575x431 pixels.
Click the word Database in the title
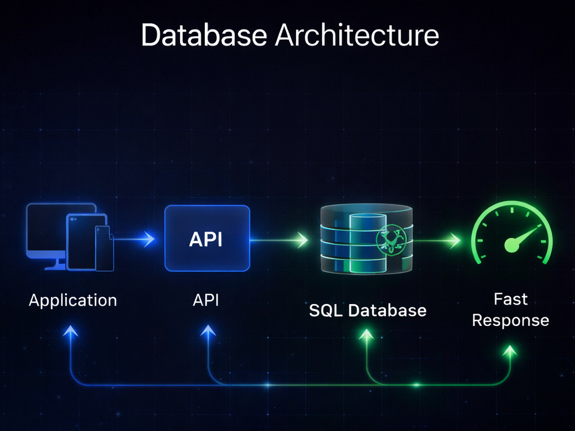click(204, 35)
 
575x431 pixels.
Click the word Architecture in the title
click(357, 35)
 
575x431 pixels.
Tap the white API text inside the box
click(206, 239)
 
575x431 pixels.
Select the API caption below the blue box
click(206, 300)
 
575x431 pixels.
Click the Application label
click(73, 301)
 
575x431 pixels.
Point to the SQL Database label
click(368, 310)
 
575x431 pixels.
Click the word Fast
click(511, 299)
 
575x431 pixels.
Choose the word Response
click(511, 321)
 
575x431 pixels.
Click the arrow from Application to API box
click(134, 239)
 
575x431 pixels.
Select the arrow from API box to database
click(279, 240)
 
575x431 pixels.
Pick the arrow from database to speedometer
click(437, 241)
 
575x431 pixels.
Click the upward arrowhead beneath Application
click(70, 332)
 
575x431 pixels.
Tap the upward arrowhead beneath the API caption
click(208, 331)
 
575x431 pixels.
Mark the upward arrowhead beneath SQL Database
click(366, 334)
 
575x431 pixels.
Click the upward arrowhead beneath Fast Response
click(509, 352)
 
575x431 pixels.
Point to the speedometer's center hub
click(512, 245)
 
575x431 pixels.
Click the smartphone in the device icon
click(104, 248)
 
